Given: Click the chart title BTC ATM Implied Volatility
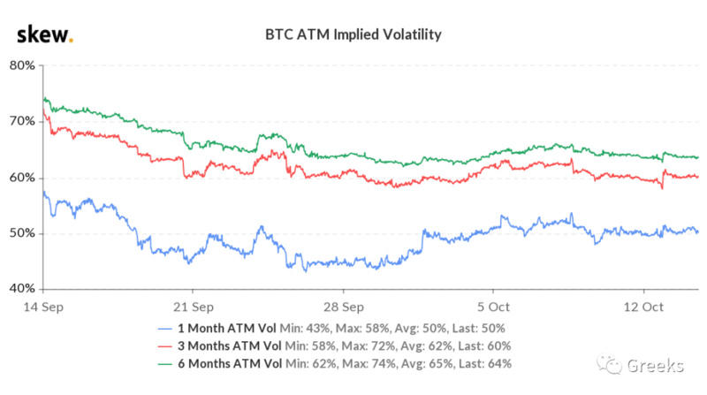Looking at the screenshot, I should tap(353, 35).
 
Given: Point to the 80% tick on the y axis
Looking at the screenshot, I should tap(21, 65).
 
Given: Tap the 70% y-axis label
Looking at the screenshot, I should tap(21, 121).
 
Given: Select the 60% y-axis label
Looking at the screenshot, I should tap(21, 178).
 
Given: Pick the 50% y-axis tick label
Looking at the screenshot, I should tap(21, 233).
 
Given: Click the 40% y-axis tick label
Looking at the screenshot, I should tap(21, 289).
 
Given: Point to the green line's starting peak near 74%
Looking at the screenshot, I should tap(44, 98).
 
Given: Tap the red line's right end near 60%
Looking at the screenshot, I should tap(697, 177).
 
